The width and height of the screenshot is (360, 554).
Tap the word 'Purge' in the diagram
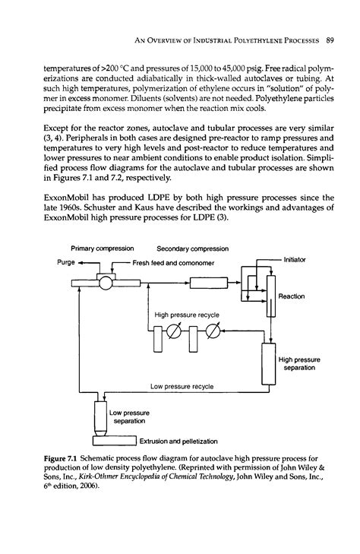[69, 262]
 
